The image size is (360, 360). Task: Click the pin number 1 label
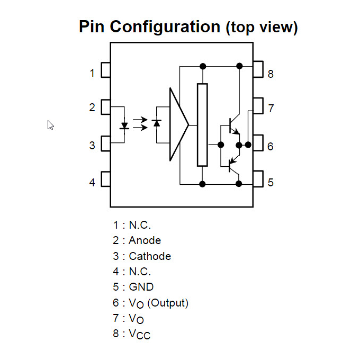(92, 73)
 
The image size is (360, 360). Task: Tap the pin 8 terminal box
(258, 69)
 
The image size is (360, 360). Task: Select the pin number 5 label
(271, 182)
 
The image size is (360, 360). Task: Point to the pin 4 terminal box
(106, 179)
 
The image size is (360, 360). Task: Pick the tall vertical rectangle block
(202, 124)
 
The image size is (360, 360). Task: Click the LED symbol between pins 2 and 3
(125, 126)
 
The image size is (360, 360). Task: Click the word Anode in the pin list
(145, 240)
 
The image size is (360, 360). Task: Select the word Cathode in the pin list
(150, 256)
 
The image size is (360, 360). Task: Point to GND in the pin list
(141, 287)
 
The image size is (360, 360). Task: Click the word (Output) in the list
(168, 303)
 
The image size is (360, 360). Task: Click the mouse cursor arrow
(50, 125)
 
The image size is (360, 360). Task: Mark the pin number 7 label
(271, 108)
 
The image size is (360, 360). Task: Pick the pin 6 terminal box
(258, 143)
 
